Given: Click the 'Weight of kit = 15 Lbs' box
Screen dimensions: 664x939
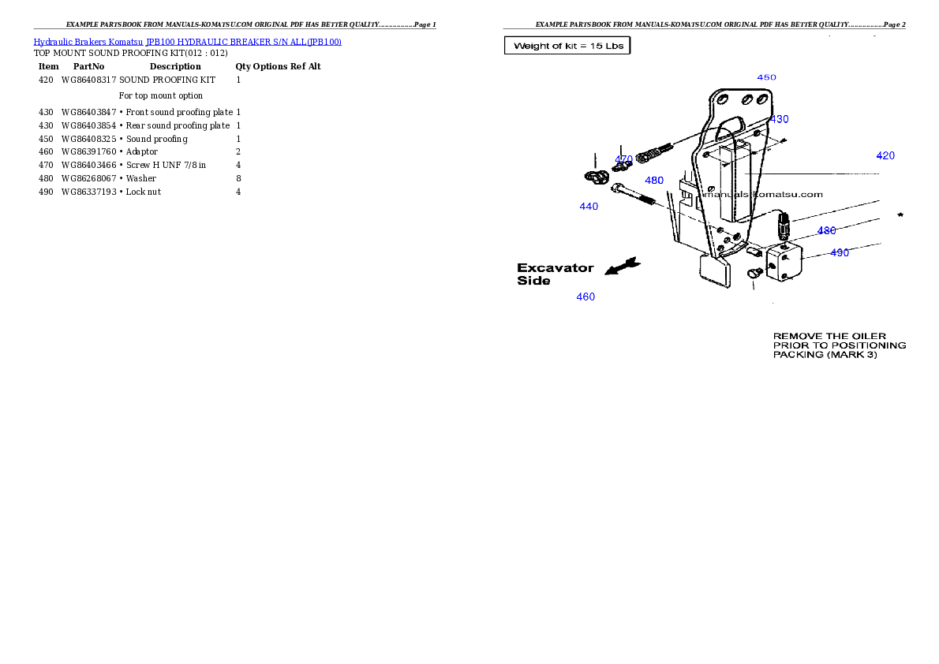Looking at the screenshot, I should tap(568, 46).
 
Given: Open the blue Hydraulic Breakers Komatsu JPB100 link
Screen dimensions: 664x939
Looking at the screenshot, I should tap(187, 42).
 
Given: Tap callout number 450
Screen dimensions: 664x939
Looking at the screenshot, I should tap(766, 77).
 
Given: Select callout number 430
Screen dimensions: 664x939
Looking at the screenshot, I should tap(779, 119).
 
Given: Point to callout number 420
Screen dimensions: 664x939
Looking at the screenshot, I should tap(885, 156).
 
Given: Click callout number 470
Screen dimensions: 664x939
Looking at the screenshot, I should tap(624, 159).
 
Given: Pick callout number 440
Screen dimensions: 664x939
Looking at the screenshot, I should tap(589, 207).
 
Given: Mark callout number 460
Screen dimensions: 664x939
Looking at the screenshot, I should tap(585, 297).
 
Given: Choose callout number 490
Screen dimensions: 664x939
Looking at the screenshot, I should tap(840, 253).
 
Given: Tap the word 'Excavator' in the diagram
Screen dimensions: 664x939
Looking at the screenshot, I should tap(556, 268).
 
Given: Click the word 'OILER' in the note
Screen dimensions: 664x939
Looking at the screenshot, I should tap(867, 337).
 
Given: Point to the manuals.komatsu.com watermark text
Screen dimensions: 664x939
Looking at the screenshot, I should tap(762, 194).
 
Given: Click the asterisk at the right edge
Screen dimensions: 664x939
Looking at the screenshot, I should tap(900, 215).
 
